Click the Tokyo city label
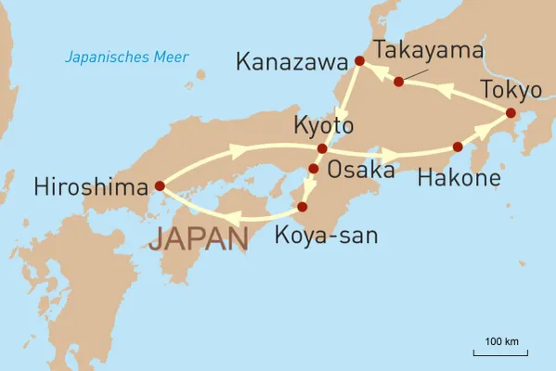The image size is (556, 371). click(510, 91)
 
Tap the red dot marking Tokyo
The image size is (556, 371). click(510, 113)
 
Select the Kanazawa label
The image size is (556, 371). click(292, 62)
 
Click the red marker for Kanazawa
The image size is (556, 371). click(359, 61)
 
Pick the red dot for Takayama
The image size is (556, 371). click(398, 82)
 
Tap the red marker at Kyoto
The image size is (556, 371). click(322, 148)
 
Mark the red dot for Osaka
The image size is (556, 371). click(313, 168)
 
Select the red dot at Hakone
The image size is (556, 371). click(457, 147)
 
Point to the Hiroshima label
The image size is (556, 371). click(91, 186)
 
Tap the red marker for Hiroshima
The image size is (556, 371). click(159, 185)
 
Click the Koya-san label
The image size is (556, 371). click(327, 236)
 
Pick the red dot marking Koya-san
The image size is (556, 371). click(302, 206)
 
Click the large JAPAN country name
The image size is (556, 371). click(199, 237)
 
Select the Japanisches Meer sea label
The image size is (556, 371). click(126, 58)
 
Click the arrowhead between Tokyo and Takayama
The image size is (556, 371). click(443, 91)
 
